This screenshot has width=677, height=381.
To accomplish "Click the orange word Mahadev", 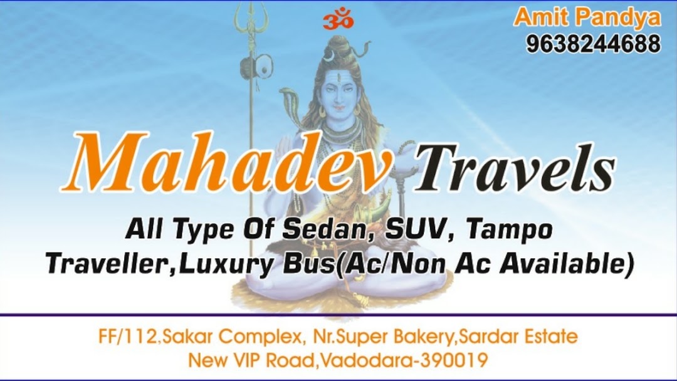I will click(226, 164).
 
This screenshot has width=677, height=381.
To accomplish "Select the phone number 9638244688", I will click(593, 44).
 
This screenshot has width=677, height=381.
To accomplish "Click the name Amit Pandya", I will click(587, 17).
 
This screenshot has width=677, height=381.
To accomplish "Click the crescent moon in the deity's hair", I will click(328, 57).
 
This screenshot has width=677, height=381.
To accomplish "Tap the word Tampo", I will click(511, 230).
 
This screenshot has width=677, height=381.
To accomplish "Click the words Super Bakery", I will click(400, 337).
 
